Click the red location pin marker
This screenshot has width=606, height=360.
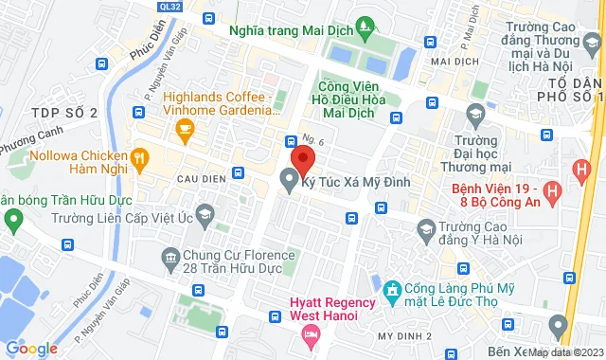click(302, 157)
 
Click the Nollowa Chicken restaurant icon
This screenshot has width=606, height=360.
click(139, 157)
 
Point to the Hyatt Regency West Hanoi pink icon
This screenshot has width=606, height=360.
click(310, 333)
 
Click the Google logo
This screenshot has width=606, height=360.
click(31, 349)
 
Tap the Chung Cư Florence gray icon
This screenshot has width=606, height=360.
click(170, 256)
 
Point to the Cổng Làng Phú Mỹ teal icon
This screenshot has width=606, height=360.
click(389, 286)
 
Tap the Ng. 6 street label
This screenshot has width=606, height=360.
click(313, 139)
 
